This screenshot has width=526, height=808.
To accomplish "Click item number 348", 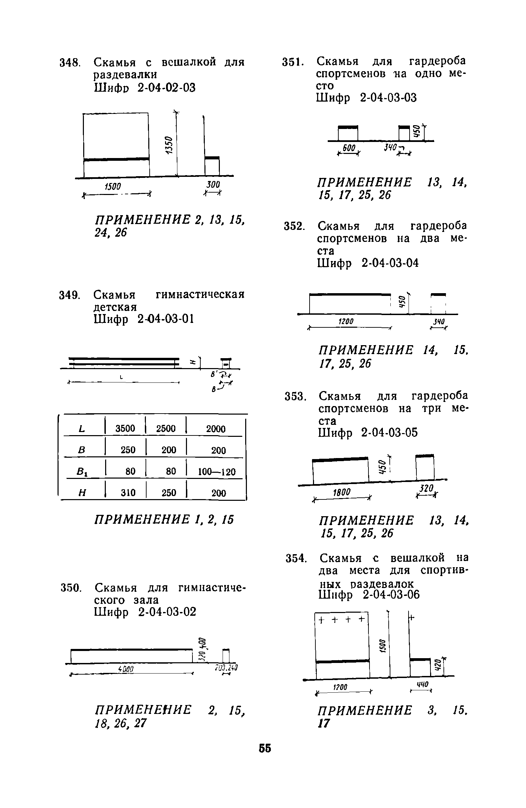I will pyautogui.click(x=70, y=63).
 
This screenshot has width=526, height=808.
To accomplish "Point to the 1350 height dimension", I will pyautogui.click(x=168, y=145).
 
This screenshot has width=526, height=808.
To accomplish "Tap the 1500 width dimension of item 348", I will pyautogui.click(x=113, y=186).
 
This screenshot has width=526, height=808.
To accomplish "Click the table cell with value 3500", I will pyautogui.click(x=125, y=429).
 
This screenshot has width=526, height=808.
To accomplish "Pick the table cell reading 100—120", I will pyautogui.click(x=217, y=472).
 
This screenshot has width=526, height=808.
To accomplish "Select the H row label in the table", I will pyautogui.click(x=82, y=493).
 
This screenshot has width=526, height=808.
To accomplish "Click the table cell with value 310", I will pyautogui.click(x=128, y=493).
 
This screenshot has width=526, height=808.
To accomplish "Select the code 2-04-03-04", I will pyautogui.click(x=390, y=263).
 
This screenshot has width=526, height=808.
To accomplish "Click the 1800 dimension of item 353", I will pyautogui.click(x=341, y=492).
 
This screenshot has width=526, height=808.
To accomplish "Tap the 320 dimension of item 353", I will pyautogui.click(x=427, y=488).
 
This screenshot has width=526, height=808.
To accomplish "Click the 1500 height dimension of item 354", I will pyautogui.click(x=383, y=646).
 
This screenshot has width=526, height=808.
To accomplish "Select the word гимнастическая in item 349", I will pyautogui.click(x=200, y=295).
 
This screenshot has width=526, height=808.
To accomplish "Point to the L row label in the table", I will pyautogui.click(x=82, y=429).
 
